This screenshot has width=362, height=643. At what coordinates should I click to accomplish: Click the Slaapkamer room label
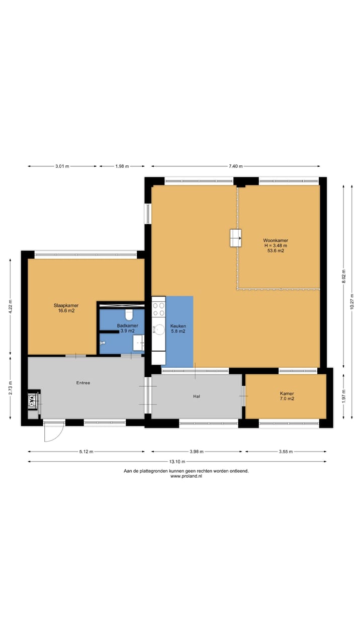[x=66, y=308]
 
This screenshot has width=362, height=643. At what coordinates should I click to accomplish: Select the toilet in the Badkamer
[x=129, y=315]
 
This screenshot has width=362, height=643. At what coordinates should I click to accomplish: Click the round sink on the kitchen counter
[x=159, y=330]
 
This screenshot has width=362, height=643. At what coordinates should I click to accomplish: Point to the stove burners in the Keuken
[x=159, y=308]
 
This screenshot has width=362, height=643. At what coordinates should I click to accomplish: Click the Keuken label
[x=177, y=328]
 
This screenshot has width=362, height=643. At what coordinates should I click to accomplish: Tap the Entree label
[x=83, y=383]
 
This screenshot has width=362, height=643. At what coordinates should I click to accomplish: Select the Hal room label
[x=197, y=396]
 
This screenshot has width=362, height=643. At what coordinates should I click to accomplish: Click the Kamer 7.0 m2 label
[x=287, y=396]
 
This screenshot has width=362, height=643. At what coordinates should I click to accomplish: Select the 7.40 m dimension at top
[x=235, y=166]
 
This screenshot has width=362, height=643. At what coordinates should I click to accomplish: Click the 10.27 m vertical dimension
[x=351, y=301]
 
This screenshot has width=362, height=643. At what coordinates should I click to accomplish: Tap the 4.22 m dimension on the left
[x=11, y=306]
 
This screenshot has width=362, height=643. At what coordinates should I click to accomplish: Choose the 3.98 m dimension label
[x=198, y=452]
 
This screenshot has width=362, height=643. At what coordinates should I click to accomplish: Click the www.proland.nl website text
[x=186, y=476]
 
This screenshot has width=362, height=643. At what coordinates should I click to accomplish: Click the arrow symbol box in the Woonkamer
[x=235, y=238]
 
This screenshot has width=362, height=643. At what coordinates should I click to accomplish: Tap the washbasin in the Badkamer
[x=138, y=343]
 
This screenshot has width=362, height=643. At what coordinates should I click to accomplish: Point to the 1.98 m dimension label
[x=122, y=166]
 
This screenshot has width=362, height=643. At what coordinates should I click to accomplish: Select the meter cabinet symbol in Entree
[x=34, y=401]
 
